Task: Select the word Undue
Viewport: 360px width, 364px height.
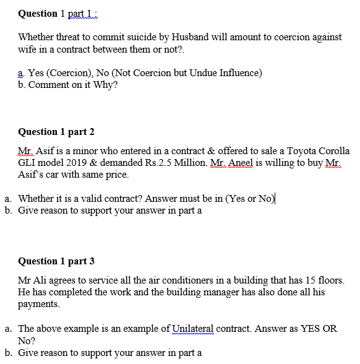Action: click(x=190, y=73)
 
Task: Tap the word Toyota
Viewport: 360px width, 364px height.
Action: click(x=294, y=151)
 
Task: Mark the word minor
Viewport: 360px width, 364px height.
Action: click(x=76, y=151)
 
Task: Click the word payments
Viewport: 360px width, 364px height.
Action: click(x=39, y=304)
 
